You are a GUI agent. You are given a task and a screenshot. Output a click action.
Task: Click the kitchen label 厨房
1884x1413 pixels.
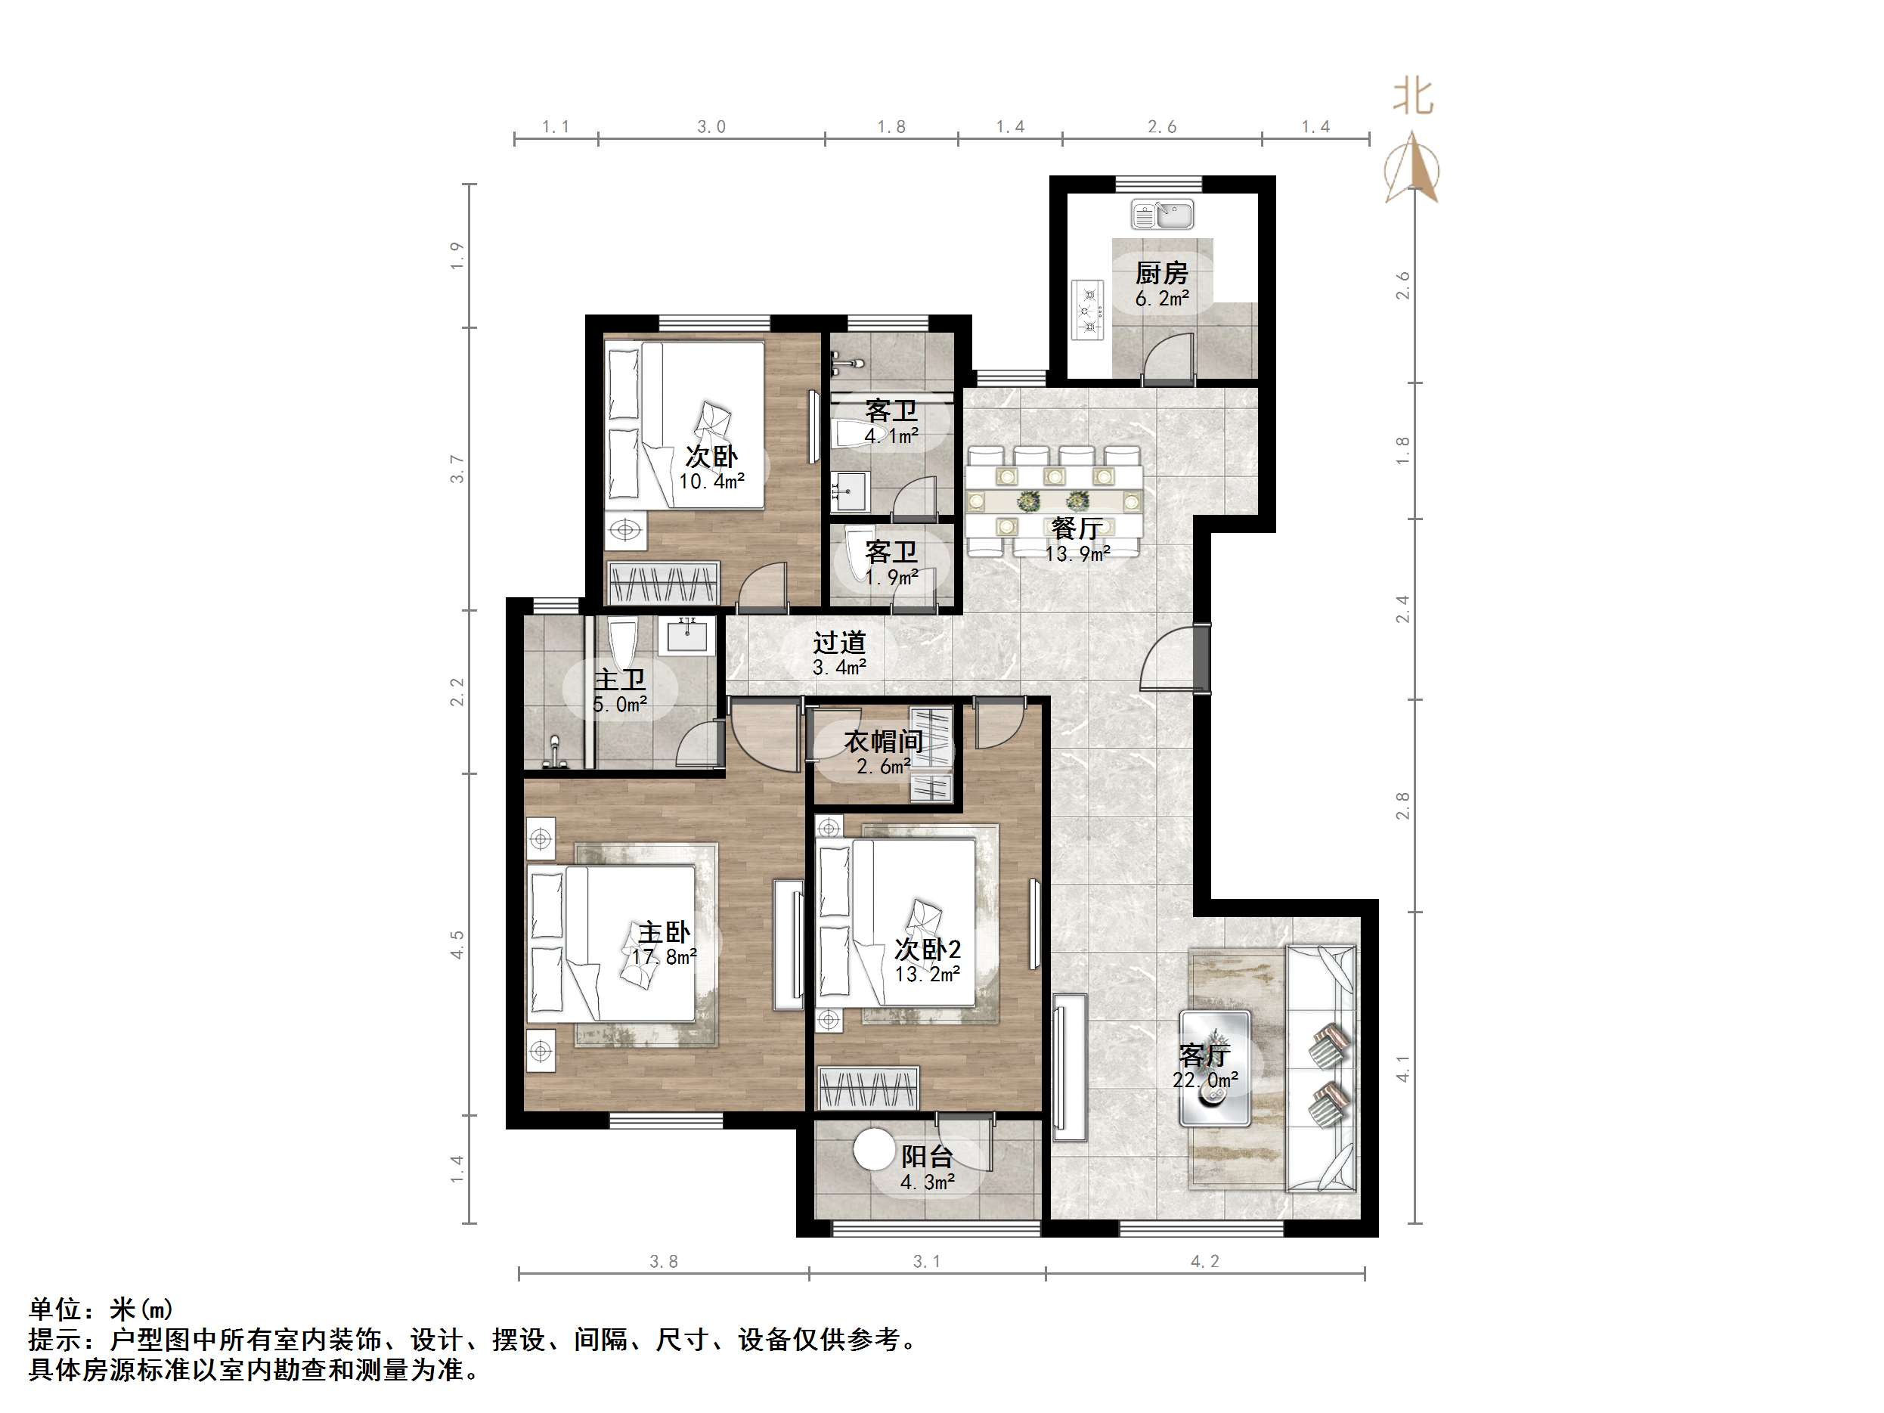(1161, 273)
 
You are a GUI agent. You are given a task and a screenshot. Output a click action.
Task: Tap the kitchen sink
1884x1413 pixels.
(1162, 215)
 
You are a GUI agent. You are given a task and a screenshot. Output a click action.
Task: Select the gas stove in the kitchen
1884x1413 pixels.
(1087, 310)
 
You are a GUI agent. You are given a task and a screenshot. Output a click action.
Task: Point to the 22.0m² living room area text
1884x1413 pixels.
(1205, 1080)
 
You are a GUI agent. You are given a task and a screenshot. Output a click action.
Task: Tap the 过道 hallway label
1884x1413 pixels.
(839, 642)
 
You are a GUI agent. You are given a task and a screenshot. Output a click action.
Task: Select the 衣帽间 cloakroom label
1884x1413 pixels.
(883, 741)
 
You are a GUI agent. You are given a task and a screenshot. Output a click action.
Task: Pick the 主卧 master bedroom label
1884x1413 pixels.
(665, 931)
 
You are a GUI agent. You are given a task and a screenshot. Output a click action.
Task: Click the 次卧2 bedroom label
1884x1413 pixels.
(928, 949)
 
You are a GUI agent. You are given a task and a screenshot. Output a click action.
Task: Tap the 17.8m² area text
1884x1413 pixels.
(665, 957)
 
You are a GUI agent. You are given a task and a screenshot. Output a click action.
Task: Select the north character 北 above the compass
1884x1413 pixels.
(1413, 97)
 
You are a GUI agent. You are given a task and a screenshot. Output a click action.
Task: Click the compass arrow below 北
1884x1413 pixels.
(1413, 167)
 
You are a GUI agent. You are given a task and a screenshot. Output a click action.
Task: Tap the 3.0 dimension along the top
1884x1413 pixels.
(711, 127)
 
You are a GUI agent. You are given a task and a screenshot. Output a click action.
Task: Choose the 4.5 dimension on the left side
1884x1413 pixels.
(457, 944)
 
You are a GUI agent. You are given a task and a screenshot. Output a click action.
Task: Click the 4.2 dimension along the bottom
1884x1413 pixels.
(1205, 1261)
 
